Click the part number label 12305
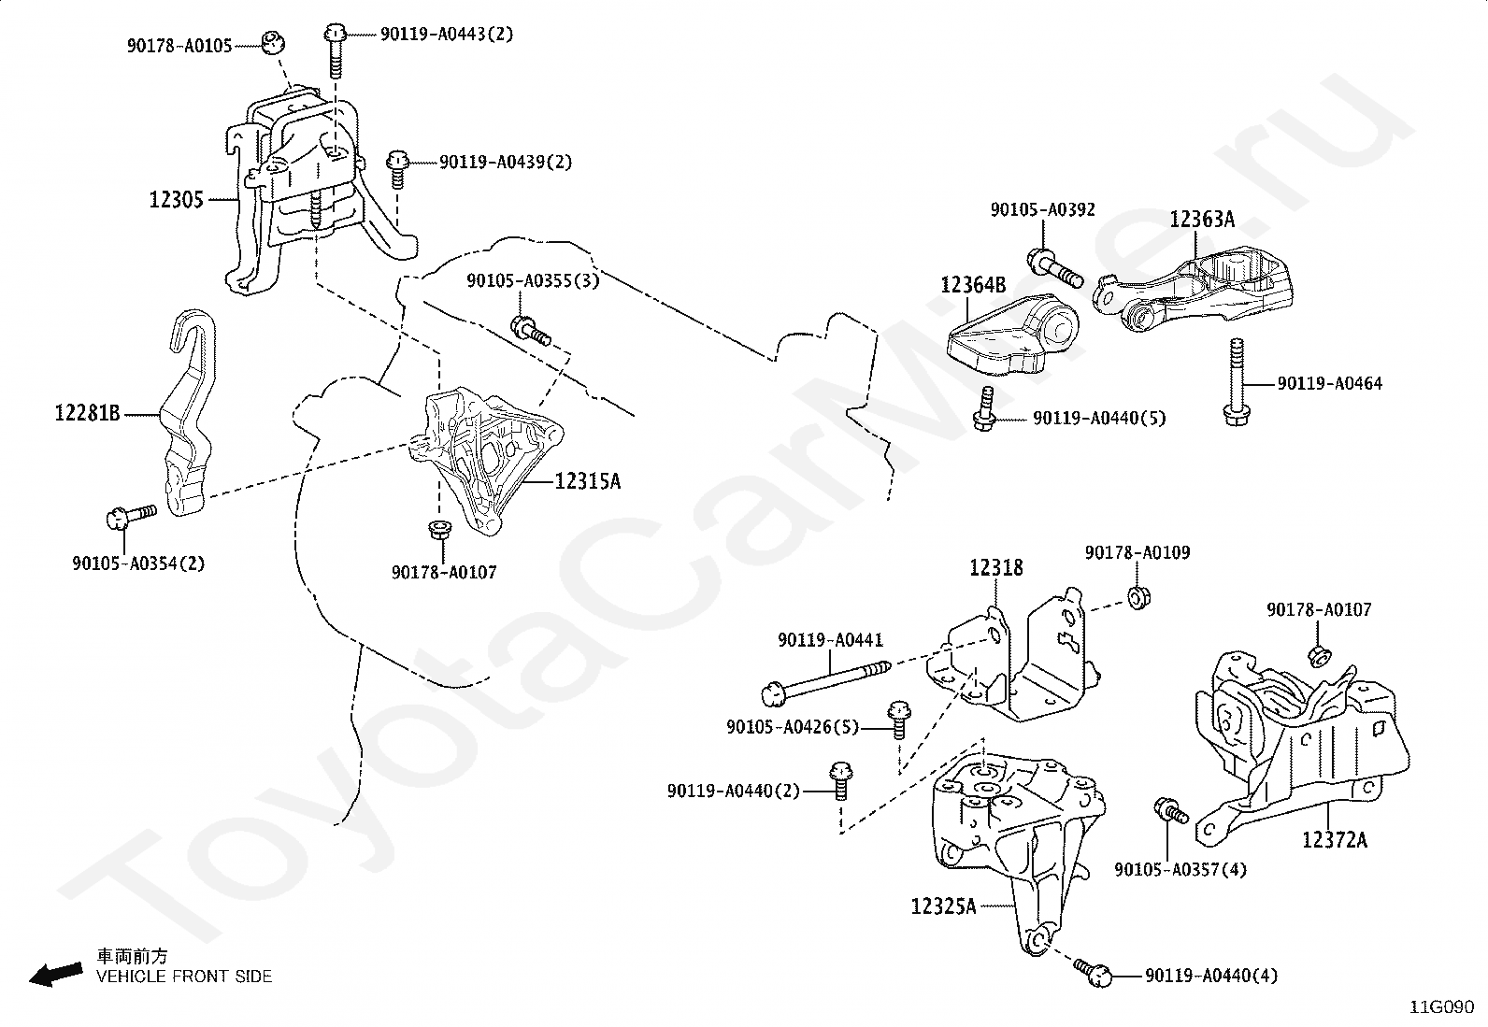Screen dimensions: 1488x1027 176,199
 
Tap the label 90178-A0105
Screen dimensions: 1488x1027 179,46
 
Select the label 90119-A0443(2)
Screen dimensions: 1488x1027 447,34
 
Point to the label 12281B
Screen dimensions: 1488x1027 87,413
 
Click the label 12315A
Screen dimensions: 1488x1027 588,481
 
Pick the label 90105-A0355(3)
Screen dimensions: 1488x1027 533,280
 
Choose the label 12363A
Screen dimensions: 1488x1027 1202,220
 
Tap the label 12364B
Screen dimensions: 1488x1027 973,285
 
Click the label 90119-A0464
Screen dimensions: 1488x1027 1330,383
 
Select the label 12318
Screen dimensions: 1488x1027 996,568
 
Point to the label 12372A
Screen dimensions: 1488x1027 1335,840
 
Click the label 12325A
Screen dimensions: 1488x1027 943,906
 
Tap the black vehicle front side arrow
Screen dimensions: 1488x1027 56,975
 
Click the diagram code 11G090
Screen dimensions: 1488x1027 1441,1007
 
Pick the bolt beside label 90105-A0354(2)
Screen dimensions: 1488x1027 131,516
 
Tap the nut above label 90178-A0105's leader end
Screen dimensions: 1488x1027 272,41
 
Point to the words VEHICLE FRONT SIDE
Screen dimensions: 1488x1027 184,977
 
